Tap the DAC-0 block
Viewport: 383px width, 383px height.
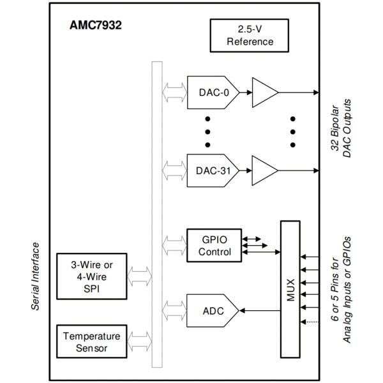coord(211,93)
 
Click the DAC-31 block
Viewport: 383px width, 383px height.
coord(211,170)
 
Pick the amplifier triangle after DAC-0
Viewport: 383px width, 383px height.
coord(264,93)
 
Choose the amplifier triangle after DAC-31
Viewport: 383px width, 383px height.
coord(264,170)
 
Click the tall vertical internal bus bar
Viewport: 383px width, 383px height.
coord(156,214)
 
